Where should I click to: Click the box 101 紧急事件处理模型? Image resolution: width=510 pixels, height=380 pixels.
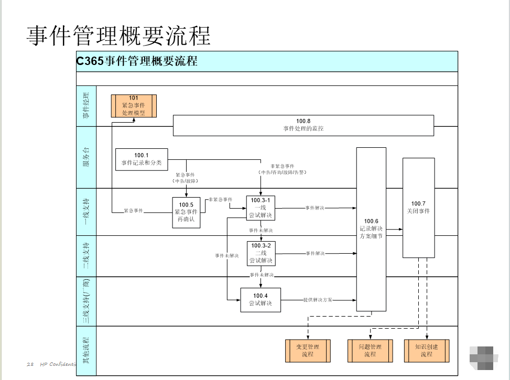133,105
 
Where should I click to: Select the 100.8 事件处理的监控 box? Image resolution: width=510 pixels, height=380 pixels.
303,125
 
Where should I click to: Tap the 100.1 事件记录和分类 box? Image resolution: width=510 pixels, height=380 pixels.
142,159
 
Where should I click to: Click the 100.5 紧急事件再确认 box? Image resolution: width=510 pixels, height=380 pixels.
187,212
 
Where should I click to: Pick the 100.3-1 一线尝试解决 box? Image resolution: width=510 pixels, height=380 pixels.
261,208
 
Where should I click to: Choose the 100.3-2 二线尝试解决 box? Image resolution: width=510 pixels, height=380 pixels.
261,253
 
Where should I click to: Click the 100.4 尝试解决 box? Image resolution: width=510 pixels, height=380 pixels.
261,299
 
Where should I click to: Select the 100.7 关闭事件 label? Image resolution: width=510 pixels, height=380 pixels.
418,208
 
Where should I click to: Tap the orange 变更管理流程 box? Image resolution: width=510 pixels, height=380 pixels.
308,351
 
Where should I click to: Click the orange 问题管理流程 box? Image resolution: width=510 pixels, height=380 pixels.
371,351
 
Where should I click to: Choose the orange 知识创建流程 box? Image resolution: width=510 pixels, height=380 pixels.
426,351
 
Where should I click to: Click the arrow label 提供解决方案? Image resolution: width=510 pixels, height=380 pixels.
318,300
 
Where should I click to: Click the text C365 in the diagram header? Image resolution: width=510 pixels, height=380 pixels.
90,61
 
